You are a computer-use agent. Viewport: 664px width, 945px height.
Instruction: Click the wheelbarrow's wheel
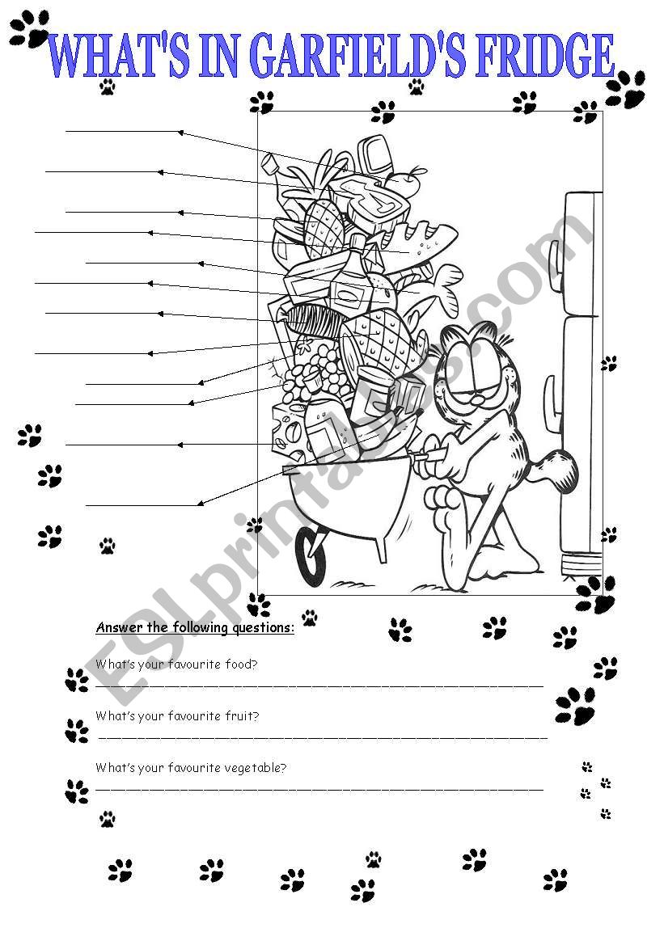pyautogui.click(x=311, y=554)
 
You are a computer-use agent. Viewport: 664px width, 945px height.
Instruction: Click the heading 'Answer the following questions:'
pyautogui.click(x=195, y=627)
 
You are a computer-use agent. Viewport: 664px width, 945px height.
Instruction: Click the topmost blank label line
pyautogui.click(x=121, y=131)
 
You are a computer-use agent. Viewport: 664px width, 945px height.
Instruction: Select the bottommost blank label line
pyautogui.click(x=142, y=505)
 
